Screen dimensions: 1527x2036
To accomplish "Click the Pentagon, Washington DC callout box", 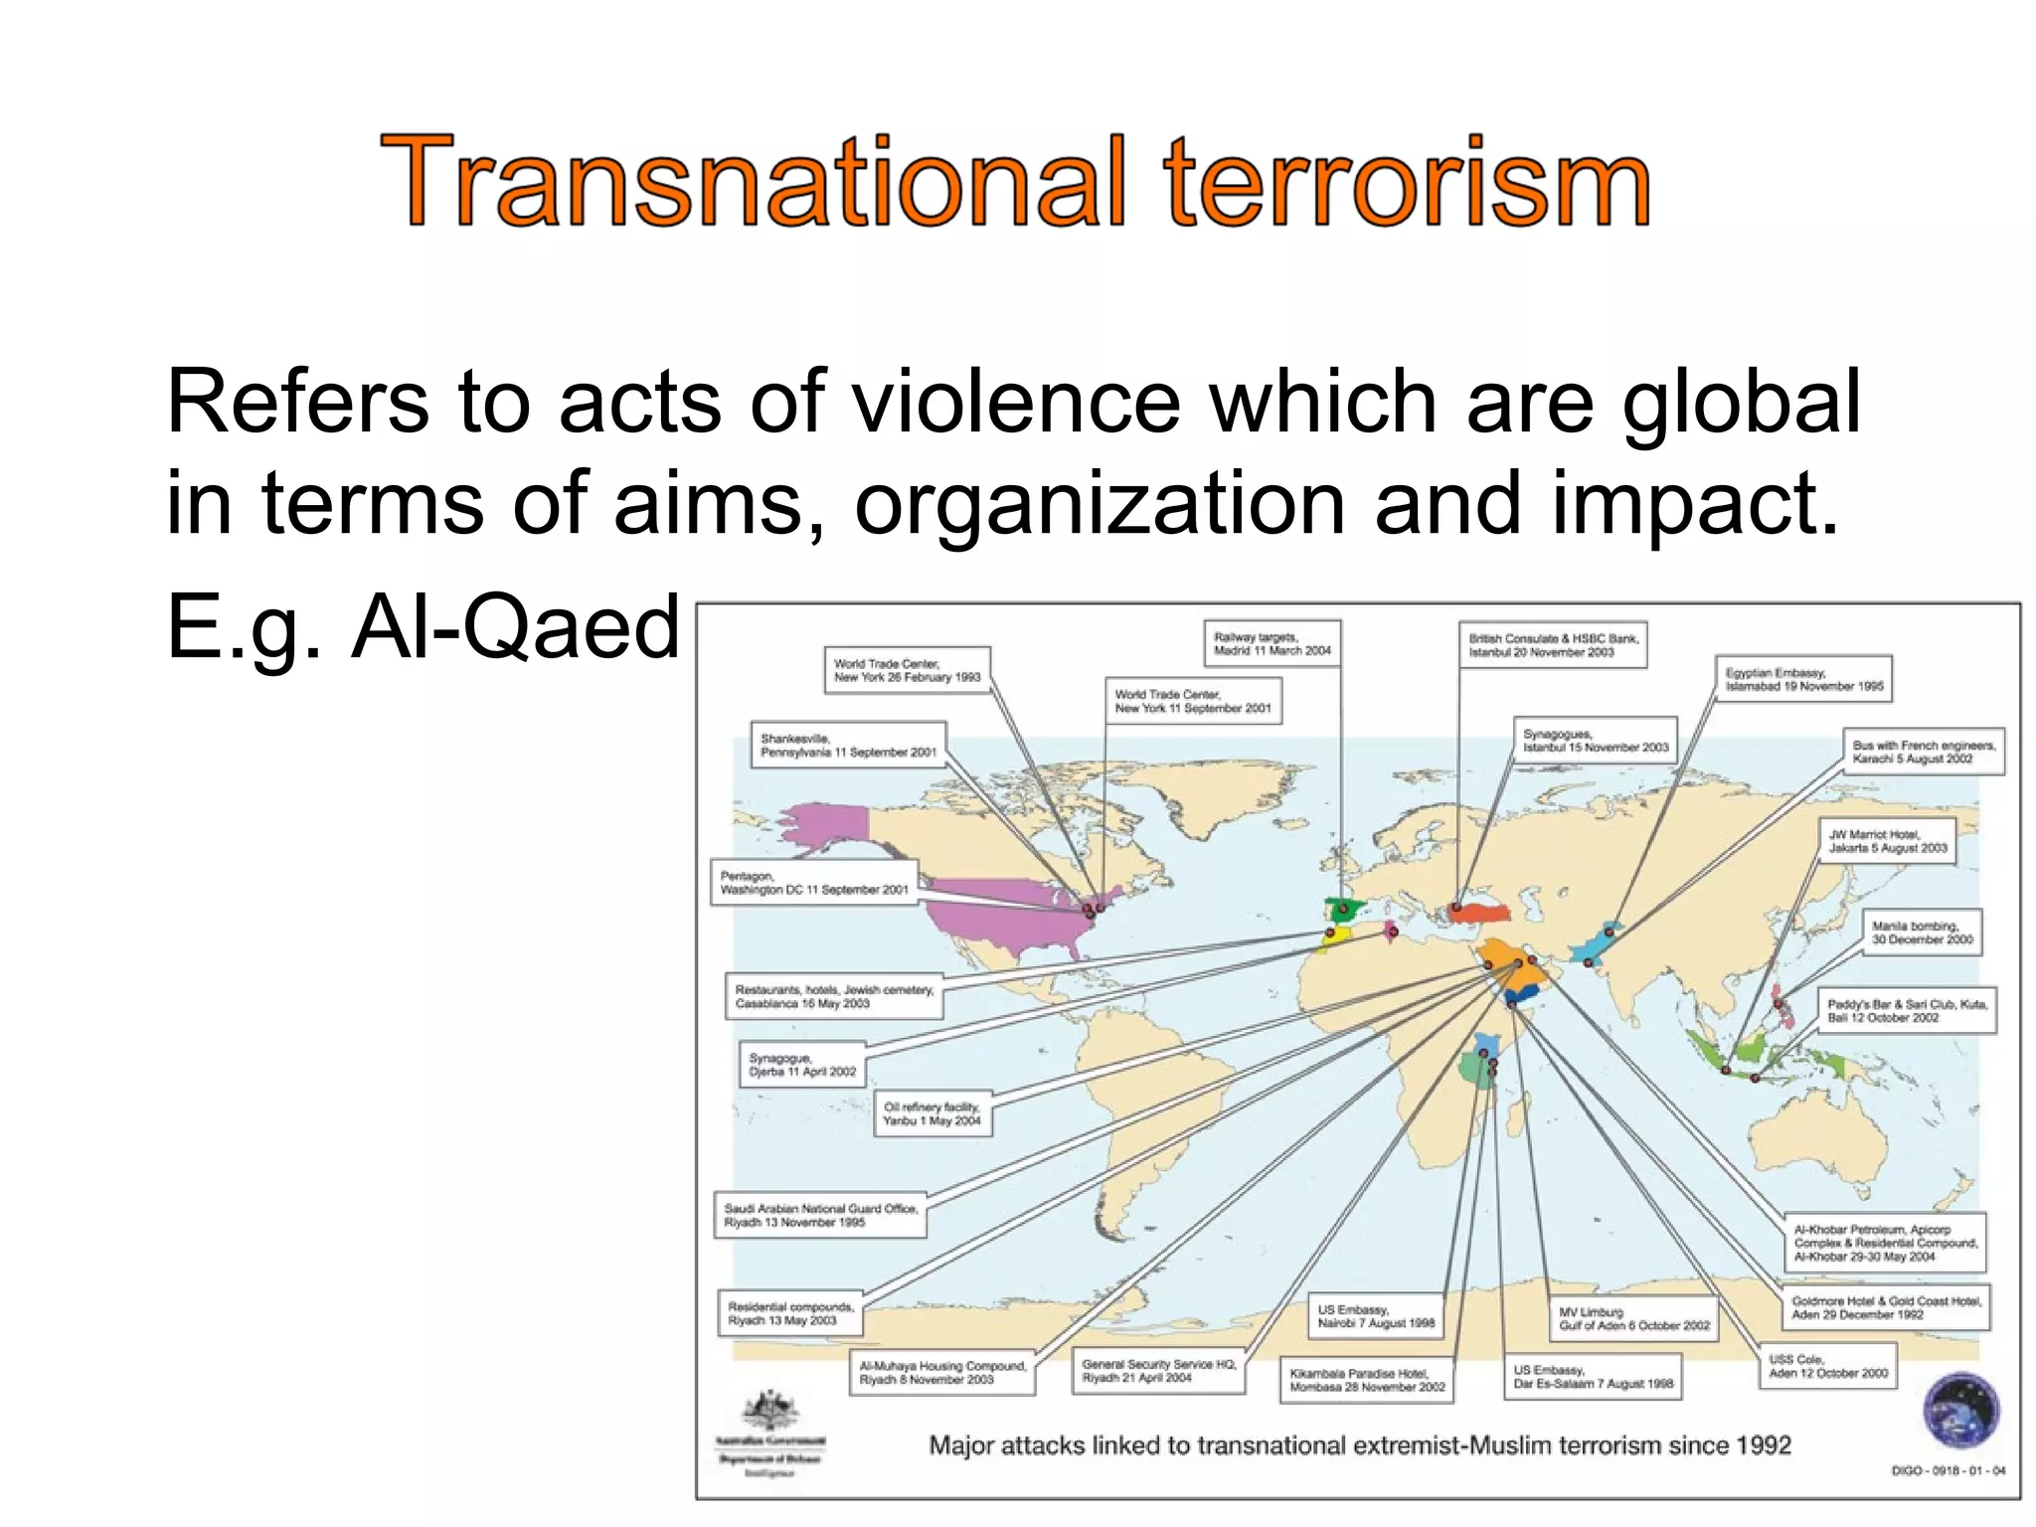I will coord(813,883).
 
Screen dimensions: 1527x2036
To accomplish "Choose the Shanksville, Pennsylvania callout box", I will coord(848,746).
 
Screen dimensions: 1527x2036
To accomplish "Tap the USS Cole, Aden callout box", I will coord(1827,1366).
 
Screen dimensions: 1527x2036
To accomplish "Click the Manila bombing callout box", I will coord(1922,933).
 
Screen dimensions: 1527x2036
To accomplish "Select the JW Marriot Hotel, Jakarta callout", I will coord(1887,841).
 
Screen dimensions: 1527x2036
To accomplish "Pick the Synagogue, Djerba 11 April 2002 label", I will coord(802,1065).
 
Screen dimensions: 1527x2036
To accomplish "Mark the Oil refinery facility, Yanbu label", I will coord(932,1113).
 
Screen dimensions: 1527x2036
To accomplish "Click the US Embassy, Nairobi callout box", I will coord(1376,1316).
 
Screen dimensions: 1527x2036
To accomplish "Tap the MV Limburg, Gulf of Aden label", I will coord(1633,1318).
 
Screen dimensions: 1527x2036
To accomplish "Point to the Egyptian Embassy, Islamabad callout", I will coord(1803,680).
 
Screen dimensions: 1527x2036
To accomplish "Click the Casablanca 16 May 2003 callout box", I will coord(834,996).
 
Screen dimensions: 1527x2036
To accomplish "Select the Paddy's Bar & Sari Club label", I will coord(1907,1011).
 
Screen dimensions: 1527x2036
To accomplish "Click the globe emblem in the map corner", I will coord(1960,1411).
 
